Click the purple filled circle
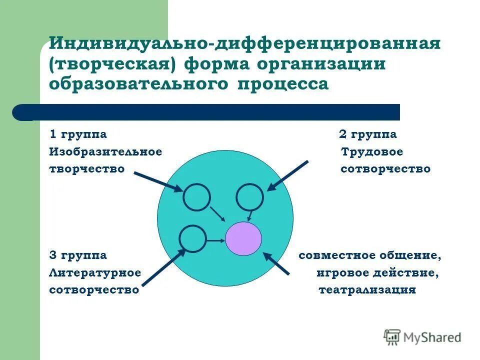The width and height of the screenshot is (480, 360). (243, 239)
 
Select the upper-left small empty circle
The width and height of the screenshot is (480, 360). (196, 197)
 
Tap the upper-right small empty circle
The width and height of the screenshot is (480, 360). (249, 197)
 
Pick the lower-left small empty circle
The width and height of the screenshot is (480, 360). (192, 238)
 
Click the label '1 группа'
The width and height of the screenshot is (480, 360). (78, 134)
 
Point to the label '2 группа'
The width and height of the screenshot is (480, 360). (368, 134)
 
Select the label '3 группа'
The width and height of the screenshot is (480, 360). (78, 255)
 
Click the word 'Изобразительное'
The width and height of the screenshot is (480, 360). (105, 152)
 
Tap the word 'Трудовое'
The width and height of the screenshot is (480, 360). (372, 152)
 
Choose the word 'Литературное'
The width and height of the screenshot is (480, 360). (95, 273)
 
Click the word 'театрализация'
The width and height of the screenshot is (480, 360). (367, 290)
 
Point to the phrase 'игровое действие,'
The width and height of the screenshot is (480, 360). (378, 273)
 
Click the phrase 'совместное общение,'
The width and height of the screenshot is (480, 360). (370, 255)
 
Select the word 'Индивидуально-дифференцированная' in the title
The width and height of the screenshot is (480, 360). (244, 44)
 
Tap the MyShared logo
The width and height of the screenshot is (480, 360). (422, 336)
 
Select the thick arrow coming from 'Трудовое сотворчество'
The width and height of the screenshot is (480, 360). (288, 175)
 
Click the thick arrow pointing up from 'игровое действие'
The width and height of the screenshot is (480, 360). (277, 263)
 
